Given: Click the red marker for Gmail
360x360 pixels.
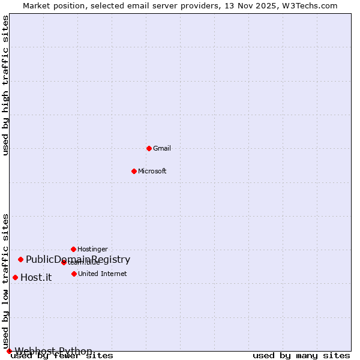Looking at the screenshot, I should [149, 148].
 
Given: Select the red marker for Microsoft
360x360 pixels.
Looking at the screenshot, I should [134, 171].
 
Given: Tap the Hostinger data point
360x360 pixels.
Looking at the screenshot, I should [73, 249].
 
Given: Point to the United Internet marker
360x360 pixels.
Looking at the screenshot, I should [74, 274].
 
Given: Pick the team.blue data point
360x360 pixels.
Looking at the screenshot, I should [64, 262].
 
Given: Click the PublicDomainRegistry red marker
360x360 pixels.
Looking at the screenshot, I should [20, 259].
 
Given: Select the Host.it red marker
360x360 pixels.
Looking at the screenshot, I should [15, 277].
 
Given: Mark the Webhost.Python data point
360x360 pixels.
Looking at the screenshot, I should [9, 351].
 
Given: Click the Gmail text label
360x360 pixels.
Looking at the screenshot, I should [162, 148].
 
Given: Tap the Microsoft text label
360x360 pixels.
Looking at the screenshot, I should [152, 171].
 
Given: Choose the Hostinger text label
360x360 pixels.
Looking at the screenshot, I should [93, 249].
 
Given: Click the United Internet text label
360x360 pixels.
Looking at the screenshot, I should [103, 274].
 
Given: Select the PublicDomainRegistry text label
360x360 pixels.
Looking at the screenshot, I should [78, 259].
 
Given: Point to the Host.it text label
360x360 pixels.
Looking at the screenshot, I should [36, 277].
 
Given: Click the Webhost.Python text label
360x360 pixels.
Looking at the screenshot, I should [53, 351].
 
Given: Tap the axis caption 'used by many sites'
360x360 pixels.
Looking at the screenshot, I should [301, 356].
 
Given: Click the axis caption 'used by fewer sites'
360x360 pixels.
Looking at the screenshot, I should [62, 356].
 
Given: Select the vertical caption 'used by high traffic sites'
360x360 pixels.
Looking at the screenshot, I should [6, 85].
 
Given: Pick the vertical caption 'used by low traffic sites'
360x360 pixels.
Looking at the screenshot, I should [6, 281].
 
